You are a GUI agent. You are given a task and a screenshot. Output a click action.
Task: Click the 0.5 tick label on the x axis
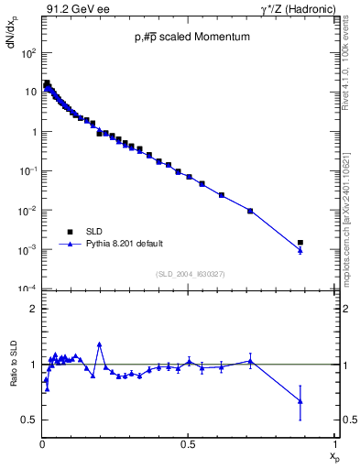pos(188,443)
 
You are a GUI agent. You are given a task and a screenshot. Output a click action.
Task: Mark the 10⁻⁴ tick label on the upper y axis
pos(27,289)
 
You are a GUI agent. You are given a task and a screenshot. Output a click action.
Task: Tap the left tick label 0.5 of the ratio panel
pos(29,420)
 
